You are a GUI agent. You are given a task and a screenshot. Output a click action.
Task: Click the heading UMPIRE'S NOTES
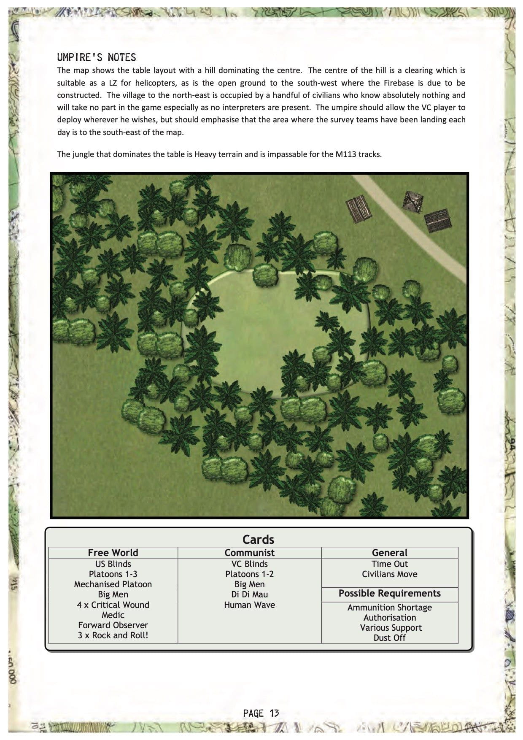click(97, 57)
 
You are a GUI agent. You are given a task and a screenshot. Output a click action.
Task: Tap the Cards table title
click(258, 540)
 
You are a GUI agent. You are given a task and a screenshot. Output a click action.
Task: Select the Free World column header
click(113, 553)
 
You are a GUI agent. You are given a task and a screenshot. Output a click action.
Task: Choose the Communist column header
click(249, 553)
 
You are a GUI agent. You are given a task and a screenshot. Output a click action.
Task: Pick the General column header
click(389, 553)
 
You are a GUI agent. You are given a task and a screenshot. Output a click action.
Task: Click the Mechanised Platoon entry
click(113, 584)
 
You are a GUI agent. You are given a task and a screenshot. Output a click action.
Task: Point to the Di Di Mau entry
click(249, 594)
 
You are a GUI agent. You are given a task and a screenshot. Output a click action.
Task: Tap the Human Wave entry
click(249, 605)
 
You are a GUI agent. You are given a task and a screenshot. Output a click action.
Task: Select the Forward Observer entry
click(113, 625)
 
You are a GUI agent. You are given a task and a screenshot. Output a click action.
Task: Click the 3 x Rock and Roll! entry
click(113, 635)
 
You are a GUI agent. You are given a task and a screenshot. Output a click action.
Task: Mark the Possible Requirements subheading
click(389, 593)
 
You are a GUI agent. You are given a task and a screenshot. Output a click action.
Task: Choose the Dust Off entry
click(389, 637)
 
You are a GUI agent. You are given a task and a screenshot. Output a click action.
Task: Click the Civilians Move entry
click(389, 574)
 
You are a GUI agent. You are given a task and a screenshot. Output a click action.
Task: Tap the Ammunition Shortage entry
click(389, 608)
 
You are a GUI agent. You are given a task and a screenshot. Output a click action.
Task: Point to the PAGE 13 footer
click(261, 713)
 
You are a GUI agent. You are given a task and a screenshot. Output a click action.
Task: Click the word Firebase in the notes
click(399, 83)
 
